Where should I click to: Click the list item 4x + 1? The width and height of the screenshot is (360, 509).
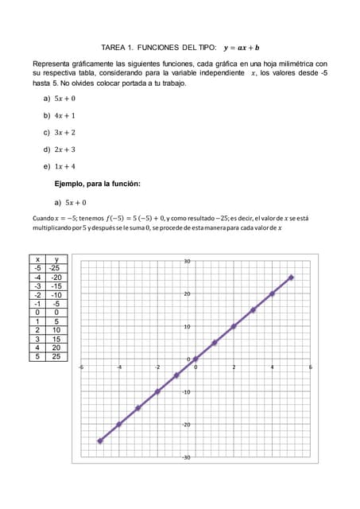(x=64, y=115)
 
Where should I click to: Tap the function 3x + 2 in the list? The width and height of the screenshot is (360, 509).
(x=64, y=132)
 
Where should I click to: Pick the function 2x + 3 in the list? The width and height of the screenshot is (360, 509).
(x=64, y=149)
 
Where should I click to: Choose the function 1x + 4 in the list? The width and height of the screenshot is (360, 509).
(x=64, y=166)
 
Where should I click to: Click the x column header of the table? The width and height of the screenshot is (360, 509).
(x=37, y=259)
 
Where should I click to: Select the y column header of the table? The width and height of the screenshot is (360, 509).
(x=56, y=259)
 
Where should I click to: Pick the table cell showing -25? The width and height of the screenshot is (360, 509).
(x=56, y=268)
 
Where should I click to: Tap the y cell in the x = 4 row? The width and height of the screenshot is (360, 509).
(x=56, y=347)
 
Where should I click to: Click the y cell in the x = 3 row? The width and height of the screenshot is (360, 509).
(x=56, y=338)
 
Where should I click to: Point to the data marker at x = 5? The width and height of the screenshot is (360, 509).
(x=291, y=278)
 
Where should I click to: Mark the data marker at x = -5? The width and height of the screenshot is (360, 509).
(x=100, y=440)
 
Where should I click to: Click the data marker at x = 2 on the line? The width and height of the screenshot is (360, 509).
(x=234, y=326)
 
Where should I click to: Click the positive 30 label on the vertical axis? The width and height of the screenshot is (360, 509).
(x=187, y=261)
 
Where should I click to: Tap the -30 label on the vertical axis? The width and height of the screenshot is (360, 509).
(x=187, y=457)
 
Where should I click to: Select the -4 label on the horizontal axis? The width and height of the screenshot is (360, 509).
(x=119, y=367)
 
